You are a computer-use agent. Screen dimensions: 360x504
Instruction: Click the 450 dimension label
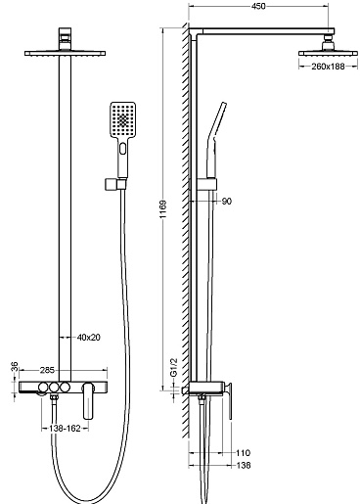click(258, 6)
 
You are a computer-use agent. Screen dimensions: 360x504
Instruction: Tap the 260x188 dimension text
click(328, 67)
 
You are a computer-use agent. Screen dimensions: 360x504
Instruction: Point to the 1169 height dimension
click(163, 209)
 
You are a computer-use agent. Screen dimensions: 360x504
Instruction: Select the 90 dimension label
click(227, 202)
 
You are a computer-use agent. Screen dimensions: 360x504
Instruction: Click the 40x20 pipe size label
click(88, 338)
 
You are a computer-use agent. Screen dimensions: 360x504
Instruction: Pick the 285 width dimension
click(47, 370)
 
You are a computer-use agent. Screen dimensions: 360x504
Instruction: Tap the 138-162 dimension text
click(65, 429)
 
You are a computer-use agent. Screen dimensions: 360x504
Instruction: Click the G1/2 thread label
click(174, 367)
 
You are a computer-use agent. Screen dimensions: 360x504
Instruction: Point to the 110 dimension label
click(244, 453)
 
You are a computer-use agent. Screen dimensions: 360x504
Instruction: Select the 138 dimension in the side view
click(244, 465)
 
